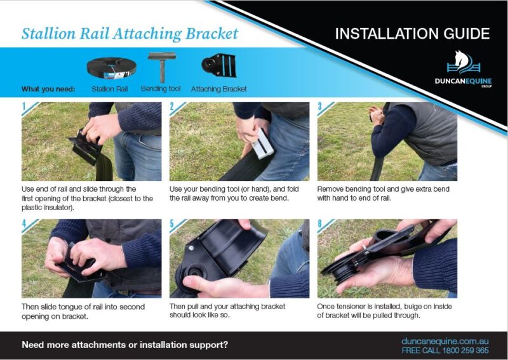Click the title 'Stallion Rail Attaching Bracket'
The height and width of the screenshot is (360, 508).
pyautogui.click(x=130, y=34)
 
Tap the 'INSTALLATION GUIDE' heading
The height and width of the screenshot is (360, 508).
pyautogui.click(x=412, y=34)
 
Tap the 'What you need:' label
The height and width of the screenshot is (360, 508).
pyautogui.click(x=48, y=89)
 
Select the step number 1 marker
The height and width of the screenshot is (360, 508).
pyautogui.click(x=25, y=107)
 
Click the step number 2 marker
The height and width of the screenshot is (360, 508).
pyautogui.click(x=173, y=107)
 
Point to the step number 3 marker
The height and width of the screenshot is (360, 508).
pyautogui.click(x=321, y=107)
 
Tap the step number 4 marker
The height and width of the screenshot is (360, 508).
pyautogui.click(x=25, y=223)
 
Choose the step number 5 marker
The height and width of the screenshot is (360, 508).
pyautogui.click(x=173, y=223)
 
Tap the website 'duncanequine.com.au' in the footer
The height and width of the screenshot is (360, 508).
pyautogui.click(x=445, y=341)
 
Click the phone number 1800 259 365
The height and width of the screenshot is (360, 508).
pyautogui.click(x=467, y=350)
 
